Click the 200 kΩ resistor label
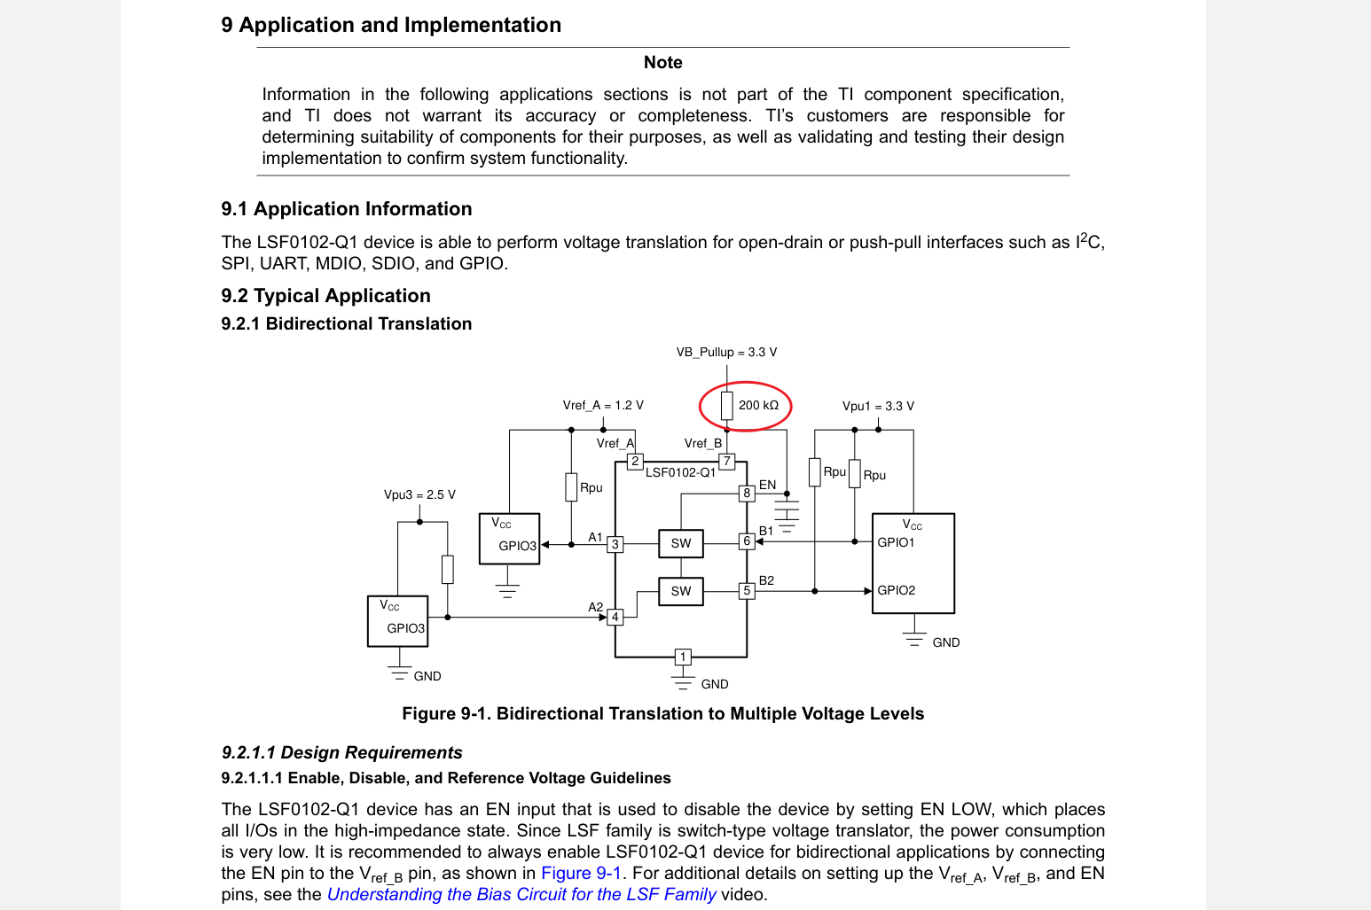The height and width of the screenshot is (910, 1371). [x=758, y=406]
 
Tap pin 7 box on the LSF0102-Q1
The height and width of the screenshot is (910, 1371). [x=726, y=462]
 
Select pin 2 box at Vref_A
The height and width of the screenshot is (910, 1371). [x=635, y=462]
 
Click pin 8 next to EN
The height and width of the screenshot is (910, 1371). [x=747, y=493]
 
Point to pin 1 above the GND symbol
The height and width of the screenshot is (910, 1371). [x=683, y=657]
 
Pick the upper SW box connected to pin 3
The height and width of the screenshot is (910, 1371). [x=680, y=544]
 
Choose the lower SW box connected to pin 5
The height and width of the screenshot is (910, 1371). [x=680, y=591]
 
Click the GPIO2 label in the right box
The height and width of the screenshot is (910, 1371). [x=896, y=590]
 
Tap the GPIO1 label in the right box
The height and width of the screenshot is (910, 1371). [x=896, y=542]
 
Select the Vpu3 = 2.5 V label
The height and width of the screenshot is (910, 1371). [x=419, y=494]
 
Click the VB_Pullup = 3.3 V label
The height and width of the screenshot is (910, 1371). [x=726, y=353]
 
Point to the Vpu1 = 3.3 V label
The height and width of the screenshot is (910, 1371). [x=878, y=406]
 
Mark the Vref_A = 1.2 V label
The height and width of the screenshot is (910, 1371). [x=603, y=406]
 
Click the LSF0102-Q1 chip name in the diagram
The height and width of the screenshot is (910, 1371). [x=680, y=473]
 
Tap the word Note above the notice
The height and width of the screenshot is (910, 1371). [x=662, y=62]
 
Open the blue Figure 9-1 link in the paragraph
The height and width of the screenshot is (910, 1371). [x=581, y=873]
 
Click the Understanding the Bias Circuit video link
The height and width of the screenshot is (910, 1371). [x=521, y=894]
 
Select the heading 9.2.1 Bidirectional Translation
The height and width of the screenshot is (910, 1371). [x=347, y=323]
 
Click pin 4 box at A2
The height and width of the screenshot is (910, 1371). [x=615, y=617]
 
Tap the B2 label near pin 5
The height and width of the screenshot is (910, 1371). [x=766, y=580]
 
